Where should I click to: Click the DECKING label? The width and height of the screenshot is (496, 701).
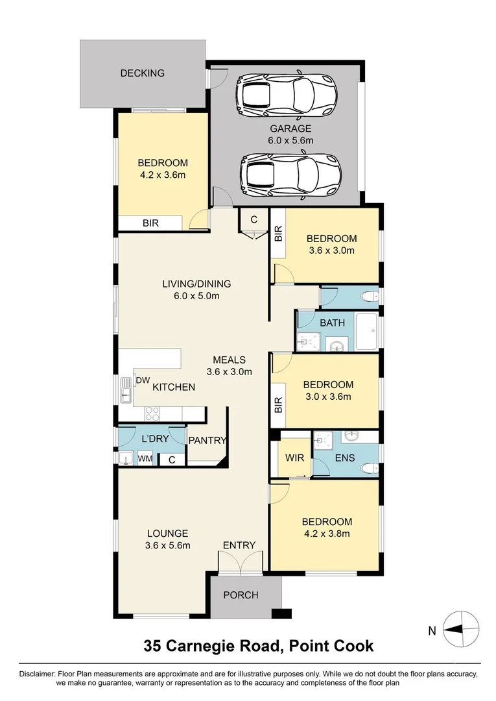[x=142, y=73]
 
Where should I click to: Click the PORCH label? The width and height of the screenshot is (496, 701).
[x=241, y=595]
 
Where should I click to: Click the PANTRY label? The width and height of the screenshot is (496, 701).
[x=207, y=440]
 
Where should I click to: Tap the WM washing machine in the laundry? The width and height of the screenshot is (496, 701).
[x=145, y=459]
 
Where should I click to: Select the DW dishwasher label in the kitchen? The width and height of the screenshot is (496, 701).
[x=143, y=380]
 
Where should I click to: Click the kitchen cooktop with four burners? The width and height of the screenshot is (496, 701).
[x=152, y=413]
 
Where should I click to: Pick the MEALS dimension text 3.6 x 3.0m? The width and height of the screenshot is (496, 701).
[x=229, y=372]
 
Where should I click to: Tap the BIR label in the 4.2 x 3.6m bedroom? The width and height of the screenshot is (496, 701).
[x=150, y=223]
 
